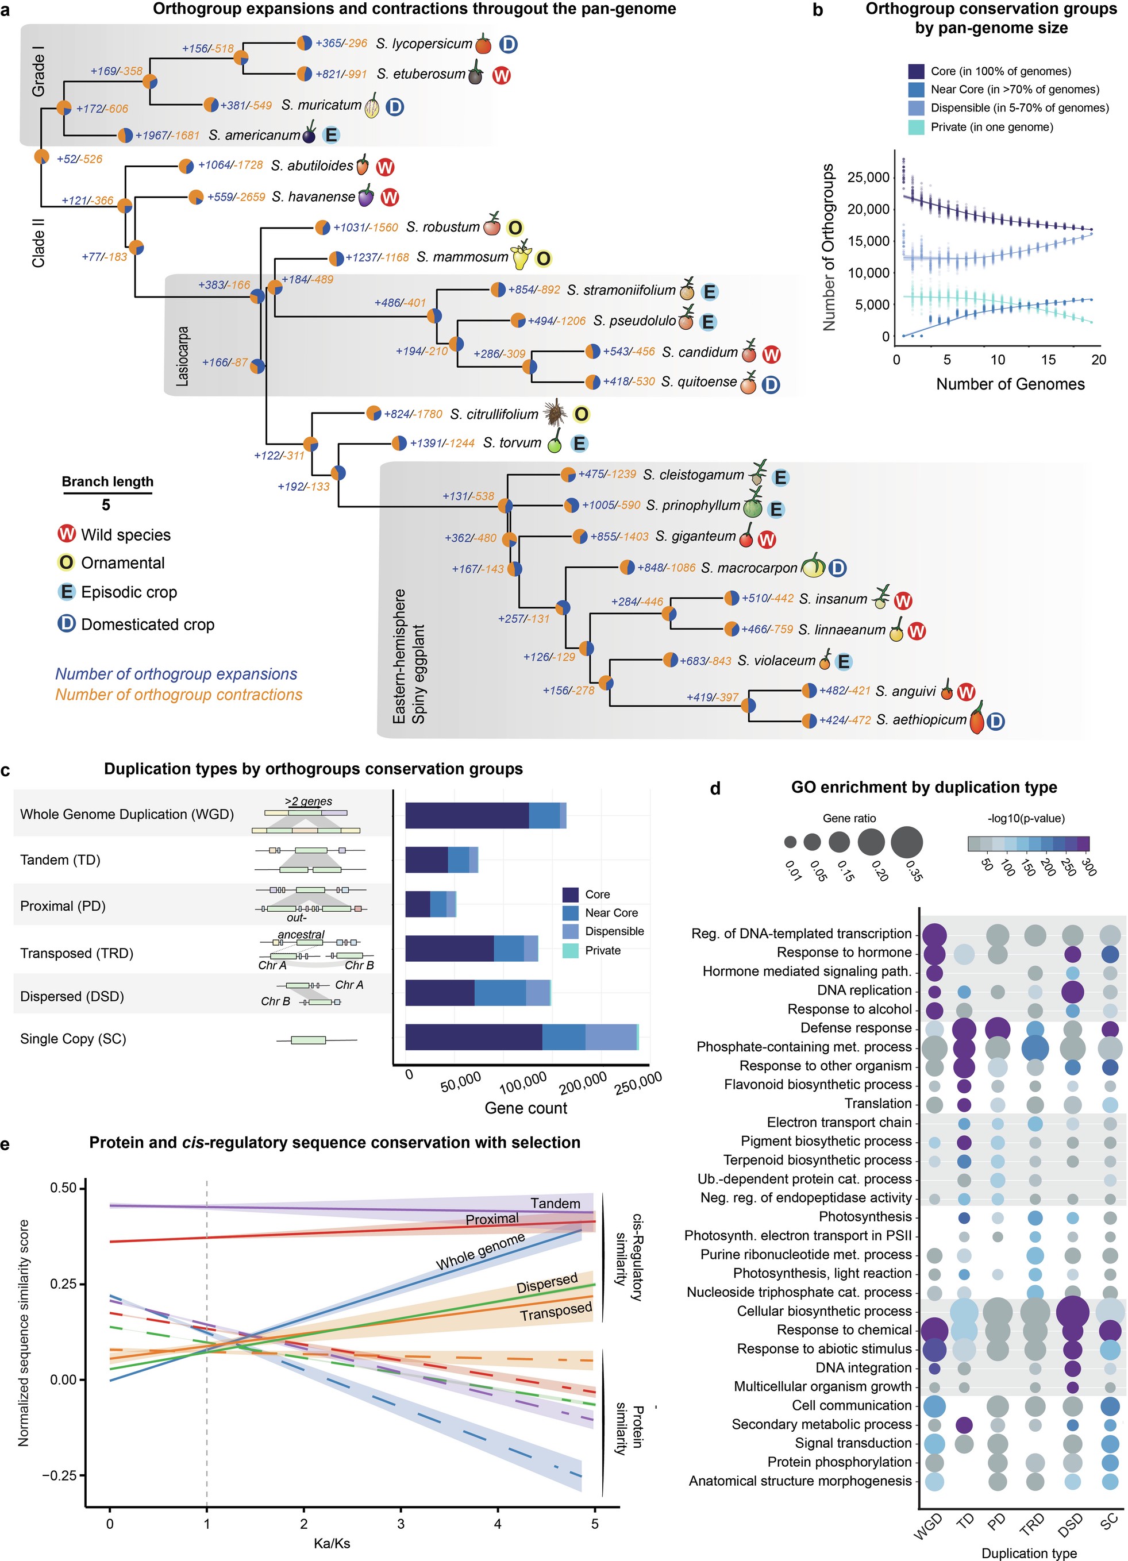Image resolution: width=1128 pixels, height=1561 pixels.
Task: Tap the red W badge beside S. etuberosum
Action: [501, 75]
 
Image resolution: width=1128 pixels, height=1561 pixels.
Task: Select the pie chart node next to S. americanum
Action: [125, 136]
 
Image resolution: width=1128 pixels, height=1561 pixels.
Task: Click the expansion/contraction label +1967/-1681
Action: [167, 136]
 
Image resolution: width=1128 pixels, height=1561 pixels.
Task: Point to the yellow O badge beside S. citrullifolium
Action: [582, 414]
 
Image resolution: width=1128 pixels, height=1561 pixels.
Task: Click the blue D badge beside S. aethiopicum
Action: [995, 721]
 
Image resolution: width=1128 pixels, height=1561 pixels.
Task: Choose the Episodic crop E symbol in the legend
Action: [66, 592]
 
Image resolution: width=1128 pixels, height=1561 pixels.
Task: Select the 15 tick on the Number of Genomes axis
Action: [1048, 360]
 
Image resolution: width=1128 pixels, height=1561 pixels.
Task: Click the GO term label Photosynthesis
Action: [864, 1217]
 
